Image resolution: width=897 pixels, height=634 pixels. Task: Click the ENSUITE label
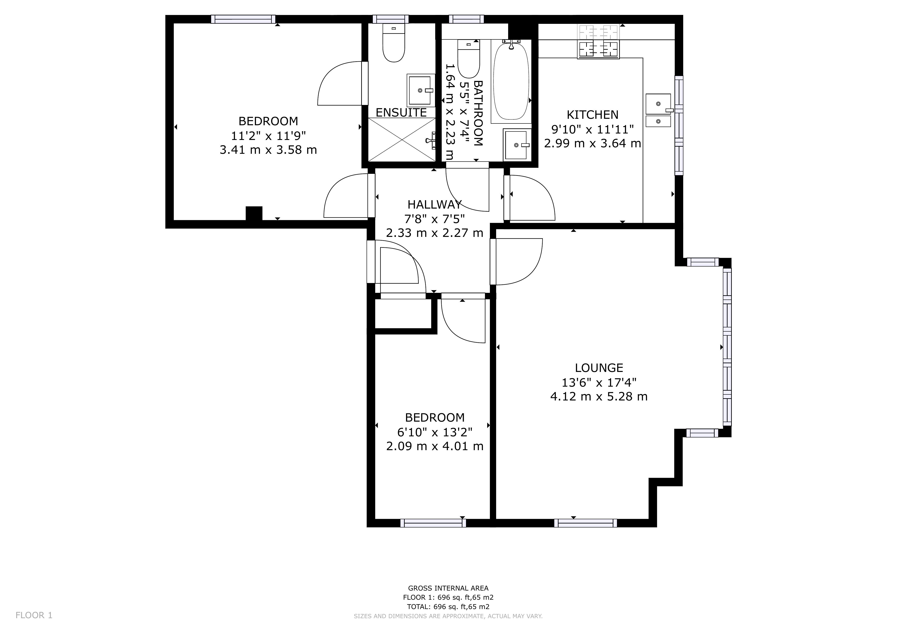pyautogui.click(x=401, y=113)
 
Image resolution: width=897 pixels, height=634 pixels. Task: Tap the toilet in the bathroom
pyautogui.click(x=468, y=59)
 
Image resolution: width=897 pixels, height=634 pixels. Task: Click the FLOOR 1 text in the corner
pyautogui.click(x=34, y=615)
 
